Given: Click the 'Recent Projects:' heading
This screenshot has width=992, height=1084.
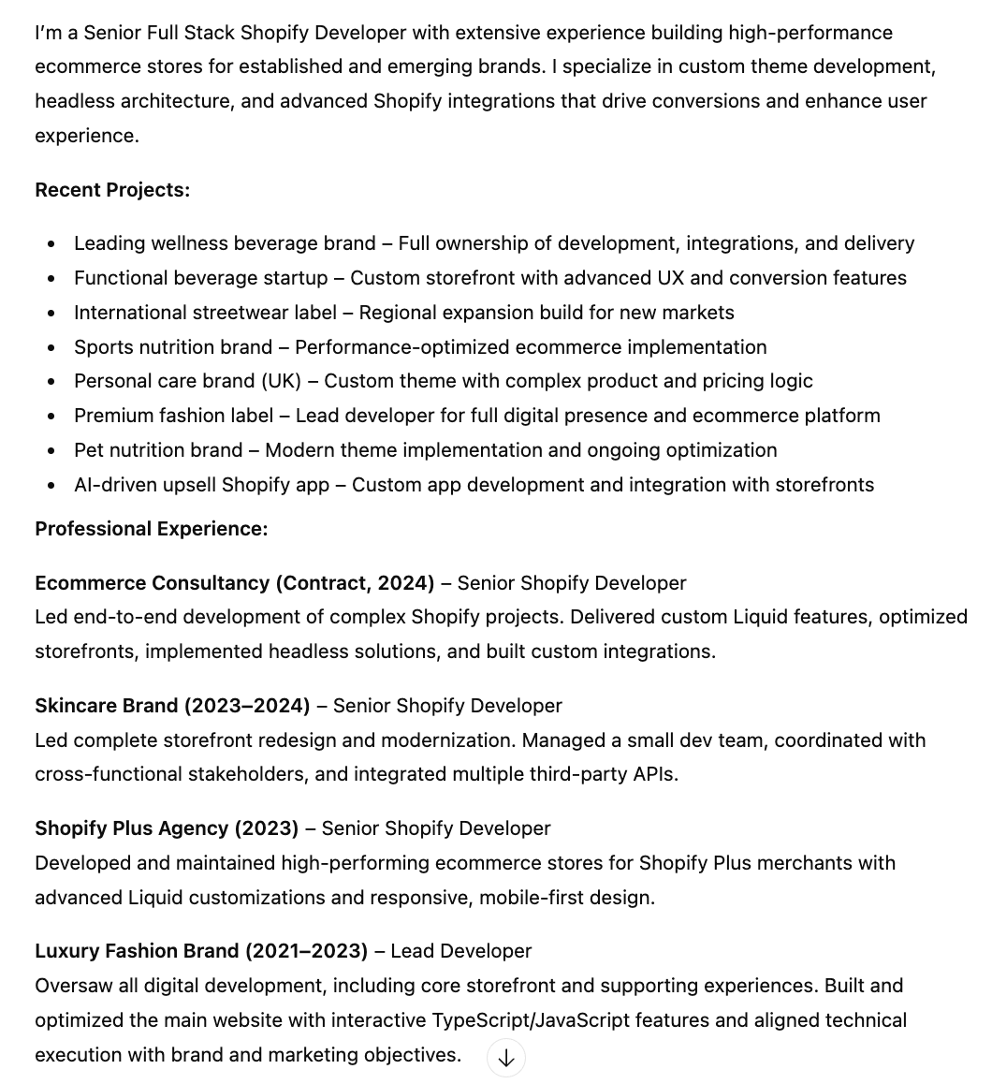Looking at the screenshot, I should point(112,190).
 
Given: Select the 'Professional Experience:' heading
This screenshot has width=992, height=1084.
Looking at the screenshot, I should point(151,529).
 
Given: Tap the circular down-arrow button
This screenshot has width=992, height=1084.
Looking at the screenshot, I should point(506,1058).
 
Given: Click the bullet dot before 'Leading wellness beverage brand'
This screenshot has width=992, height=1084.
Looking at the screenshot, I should point(51,244).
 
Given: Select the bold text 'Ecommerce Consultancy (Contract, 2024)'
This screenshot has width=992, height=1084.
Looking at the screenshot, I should point(234,583).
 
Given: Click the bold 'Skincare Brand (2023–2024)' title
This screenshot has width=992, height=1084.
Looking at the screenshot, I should point(172,706).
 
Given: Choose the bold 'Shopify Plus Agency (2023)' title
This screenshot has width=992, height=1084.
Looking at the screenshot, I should point(167,828).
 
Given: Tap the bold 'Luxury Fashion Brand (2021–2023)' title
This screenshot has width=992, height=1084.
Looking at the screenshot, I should point(201,951).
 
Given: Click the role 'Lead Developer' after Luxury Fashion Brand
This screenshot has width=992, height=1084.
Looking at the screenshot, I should point(460,951).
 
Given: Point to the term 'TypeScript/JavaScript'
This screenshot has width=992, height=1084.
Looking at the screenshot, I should point(530,1020).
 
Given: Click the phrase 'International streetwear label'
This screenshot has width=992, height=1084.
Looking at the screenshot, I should point(205,313).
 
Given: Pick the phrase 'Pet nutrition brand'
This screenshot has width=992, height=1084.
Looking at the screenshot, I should point(158,450).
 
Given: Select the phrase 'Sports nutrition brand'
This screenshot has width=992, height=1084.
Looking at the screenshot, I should point(173,347).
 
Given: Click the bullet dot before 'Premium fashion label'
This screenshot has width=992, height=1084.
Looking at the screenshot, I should point(51,417).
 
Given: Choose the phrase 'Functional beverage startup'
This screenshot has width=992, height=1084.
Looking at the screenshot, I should point(201,278).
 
